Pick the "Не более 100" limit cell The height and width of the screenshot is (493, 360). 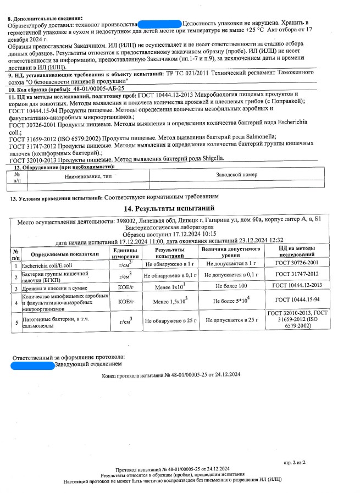231,287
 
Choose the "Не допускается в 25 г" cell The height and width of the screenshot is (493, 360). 231,319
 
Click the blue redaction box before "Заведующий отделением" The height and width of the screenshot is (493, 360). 33,364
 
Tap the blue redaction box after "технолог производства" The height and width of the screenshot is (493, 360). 159,24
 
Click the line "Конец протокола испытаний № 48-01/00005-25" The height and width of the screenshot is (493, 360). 171,375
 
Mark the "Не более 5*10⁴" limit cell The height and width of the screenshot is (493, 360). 231,302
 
